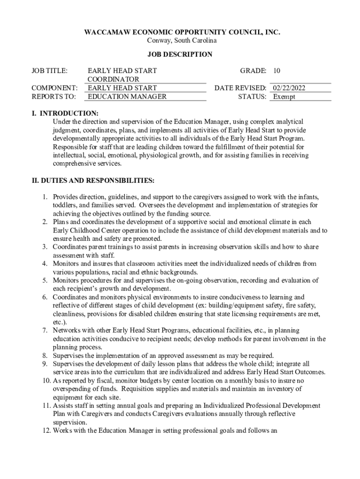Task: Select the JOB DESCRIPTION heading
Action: [180, 55]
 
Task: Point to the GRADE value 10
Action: [277, 71]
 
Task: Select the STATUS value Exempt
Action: [284, 97]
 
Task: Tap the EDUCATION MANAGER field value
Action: [127, 97]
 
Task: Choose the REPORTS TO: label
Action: [47, 97]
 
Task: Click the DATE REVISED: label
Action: [240, 88]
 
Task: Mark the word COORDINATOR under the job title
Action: [113, 80]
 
